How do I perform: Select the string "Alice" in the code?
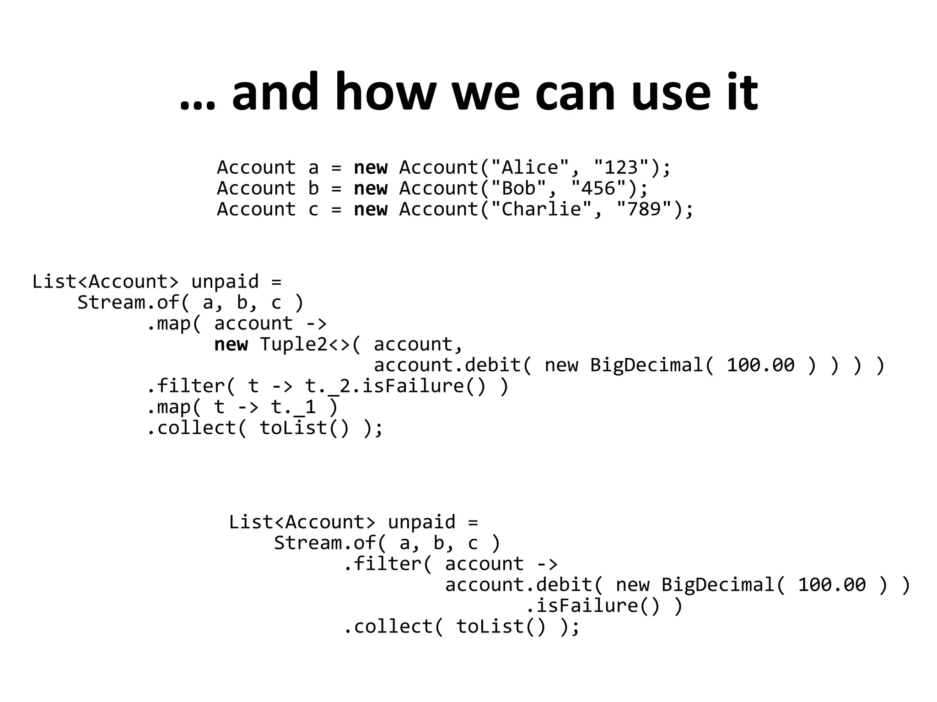[530, 168]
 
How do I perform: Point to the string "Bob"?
[519, 188]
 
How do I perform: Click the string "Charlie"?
[542, 209]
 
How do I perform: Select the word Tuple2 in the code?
[294, 344]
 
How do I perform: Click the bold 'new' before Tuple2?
[231, 344]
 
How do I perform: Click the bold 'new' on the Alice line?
[371, 168]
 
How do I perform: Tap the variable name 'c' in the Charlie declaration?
[313, 210]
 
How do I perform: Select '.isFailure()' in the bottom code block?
[593, 606]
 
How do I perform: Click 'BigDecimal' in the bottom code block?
[718, 585]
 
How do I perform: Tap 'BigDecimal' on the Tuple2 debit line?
[646, 365]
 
